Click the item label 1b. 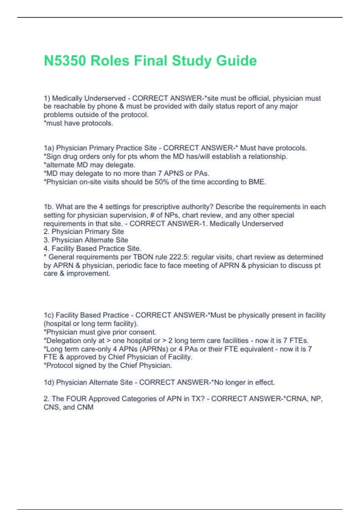point(48,207)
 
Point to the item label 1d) point(49,382)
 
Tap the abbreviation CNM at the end point(85,407)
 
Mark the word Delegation point(63,340)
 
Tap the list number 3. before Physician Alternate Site point(46,240)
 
